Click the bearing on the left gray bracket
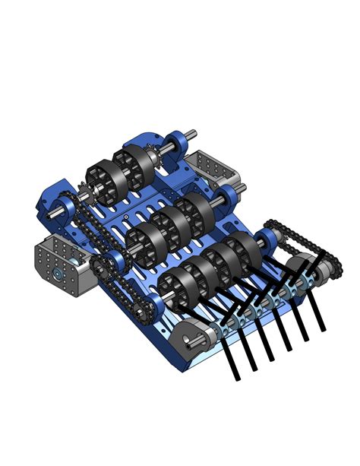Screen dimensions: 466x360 pyautogui.click(x=57, y=271)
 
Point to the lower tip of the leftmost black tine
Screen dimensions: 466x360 pyautogui.click(x=238, y=376)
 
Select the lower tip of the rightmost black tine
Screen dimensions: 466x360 pyautogui.click(x=324, y=328)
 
